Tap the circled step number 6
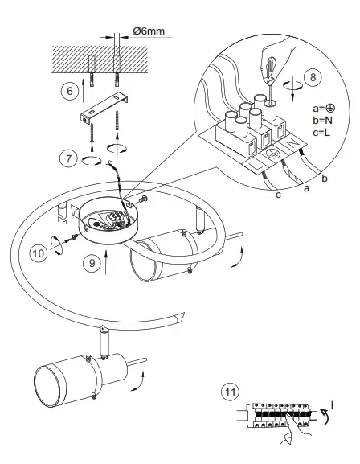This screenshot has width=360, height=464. click(x=69, y=91)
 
